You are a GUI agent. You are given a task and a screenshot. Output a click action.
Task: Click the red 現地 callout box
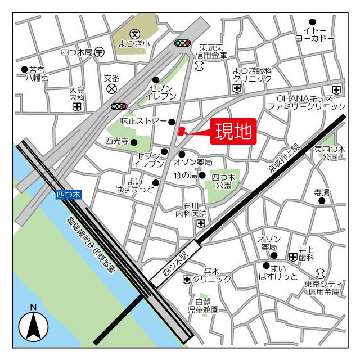[x=234, y=132]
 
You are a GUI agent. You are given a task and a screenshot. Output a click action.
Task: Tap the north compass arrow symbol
[x=33, y=325]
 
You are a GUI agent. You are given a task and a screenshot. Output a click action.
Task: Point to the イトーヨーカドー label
[x=315, y=34]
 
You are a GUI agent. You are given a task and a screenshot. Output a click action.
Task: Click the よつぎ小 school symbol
[x=134, y=34]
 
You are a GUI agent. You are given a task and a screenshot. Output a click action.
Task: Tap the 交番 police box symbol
[x=112, y=88]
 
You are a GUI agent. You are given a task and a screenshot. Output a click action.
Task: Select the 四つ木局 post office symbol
[x=100, y=52]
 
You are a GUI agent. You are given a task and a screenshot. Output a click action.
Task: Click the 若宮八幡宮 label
[x=37, y=74]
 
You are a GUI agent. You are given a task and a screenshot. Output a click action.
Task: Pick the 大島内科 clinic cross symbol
[x=77, y=106]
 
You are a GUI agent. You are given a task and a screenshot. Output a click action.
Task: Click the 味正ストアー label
[x=143, y=121]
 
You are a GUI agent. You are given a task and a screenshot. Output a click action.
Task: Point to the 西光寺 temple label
[x=117, y=141]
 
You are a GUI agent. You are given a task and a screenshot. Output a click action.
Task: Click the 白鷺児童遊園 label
[x=203, y=306]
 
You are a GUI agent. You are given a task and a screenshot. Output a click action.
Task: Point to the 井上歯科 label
[x=307, y=253]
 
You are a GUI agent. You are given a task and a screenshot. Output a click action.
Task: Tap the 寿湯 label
[x=322, y=192]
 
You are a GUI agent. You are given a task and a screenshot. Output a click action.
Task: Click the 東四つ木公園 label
[x=326, y=153]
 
